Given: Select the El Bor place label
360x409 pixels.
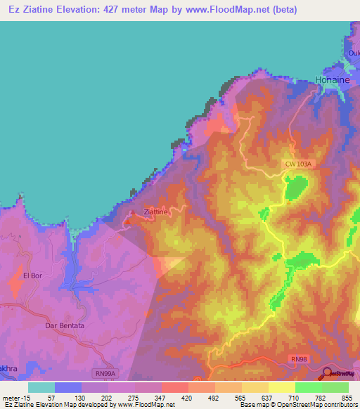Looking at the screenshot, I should point(33,275).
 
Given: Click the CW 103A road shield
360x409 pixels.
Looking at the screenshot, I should point(297,164).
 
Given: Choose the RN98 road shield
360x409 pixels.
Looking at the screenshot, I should point(299,359).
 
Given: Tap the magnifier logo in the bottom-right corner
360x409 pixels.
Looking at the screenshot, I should point(328,375).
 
